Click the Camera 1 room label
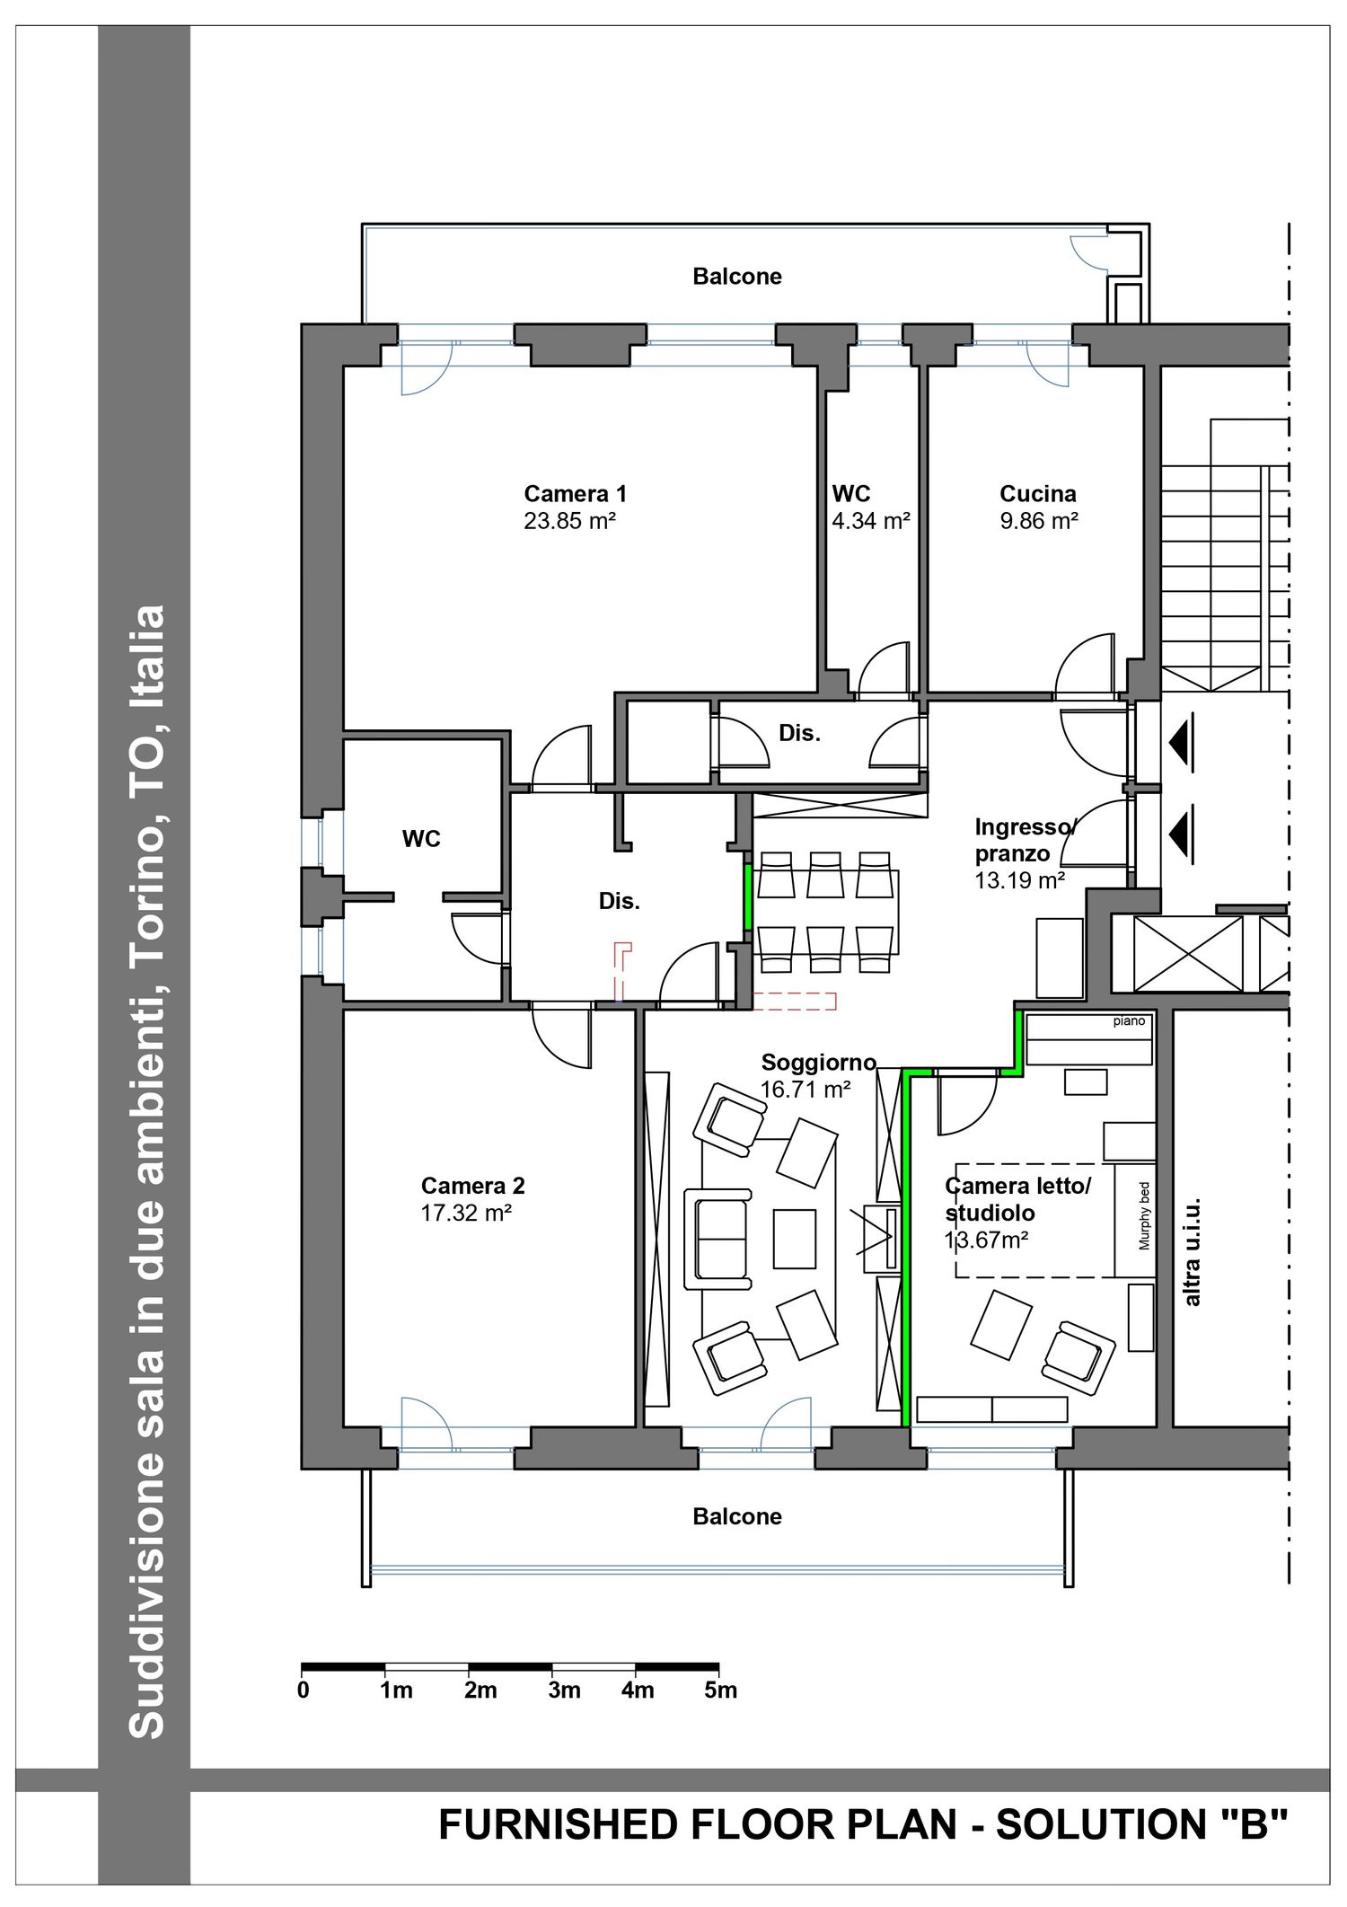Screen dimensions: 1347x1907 point(576,493)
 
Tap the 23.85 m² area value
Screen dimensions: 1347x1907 point(570,521)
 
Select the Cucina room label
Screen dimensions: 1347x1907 point(1038,493)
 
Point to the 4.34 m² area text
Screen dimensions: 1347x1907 point(871,521)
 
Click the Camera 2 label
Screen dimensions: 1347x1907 point(473,1186)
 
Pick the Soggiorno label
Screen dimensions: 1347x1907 point(819,1063)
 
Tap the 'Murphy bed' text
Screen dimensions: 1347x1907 point(1144,1215)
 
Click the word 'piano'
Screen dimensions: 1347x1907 point(1130,1021)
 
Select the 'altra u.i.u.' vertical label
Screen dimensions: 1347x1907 point(1192,1251)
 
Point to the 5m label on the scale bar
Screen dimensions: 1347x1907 point(721,1691)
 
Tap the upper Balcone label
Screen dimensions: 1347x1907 point(737,277)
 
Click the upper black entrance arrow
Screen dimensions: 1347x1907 point(1181,743)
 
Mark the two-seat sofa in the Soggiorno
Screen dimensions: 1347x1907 point(718,1239)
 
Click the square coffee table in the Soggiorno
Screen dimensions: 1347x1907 point(795,1239)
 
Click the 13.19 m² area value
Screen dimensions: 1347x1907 point(1020,880)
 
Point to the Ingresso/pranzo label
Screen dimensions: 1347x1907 point(1025,840)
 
